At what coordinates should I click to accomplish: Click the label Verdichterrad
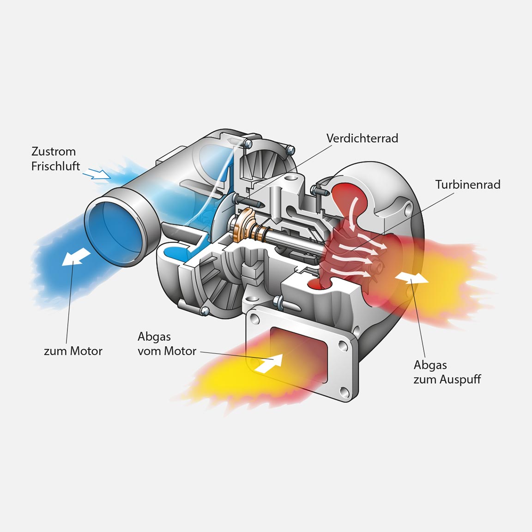point(362,138)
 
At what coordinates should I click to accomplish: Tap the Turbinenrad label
point(467,185)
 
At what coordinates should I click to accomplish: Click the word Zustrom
point(54,151)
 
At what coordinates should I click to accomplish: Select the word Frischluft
point(55,166)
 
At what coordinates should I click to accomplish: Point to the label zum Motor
point(73,351)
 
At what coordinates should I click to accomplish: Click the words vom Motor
point(167,351)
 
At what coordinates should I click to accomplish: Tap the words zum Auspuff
point(447,380)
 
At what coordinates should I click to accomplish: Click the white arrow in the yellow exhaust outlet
point(411,277)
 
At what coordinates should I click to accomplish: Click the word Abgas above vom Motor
point(154,337)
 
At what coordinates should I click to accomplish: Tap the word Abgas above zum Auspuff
point(430,365)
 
